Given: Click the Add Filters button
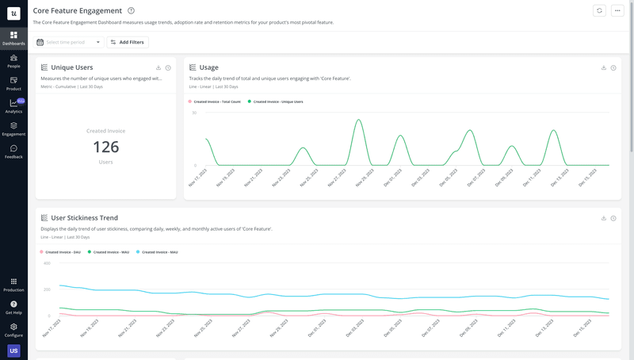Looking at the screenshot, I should [x=128, y=42].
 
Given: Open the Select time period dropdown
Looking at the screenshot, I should [x=69, y=42].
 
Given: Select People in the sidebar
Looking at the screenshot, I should [x=13, y=60].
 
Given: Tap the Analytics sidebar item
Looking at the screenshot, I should [x=13, y=106].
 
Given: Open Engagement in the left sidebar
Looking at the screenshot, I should [x=13, y=128].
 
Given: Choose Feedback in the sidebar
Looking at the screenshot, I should [x=13, y=151].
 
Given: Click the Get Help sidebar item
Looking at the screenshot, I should [x=13, y=307].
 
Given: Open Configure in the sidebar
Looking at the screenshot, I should [x=13, y=329].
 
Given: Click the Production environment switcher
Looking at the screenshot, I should [x=13, y=284].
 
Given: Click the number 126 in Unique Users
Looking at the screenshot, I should [x=106, y=147].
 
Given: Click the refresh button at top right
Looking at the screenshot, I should [x=600, y=10].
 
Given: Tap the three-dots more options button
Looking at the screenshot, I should [x=618, y=10].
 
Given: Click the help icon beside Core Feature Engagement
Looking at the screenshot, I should [x=131, y=10].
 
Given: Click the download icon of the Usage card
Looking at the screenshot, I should [x=604, y=67].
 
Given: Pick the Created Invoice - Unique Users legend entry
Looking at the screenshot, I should [x=278, y=101].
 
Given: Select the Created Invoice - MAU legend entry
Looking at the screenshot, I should [x=159, y=252].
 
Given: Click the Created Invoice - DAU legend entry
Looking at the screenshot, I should [x=63, y=252].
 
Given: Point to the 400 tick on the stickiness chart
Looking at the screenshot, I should [x=47, y=262].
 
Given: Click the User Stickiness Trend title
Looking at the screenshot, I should [x=84, y=218].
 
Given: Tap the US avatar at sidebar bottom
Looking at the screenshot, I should [x=13, y=350].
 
